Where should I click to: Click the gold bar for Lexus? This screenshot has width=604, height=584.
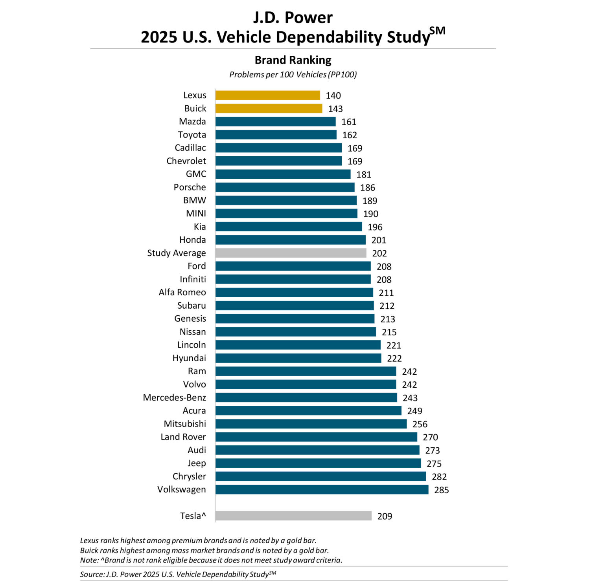pos(267,95)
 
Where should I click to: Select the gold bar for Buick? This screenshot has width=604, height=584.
pos(269,108)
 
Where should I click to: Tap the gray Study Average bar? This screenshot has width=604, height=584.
pos(291,253)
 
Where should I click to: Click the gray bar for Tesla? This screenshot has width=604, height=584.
pos(293,516)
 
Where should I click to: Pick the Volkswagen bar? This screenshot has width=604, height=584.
pos(322,489)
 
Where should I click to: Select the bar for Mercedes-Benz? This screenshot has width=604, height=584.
pos(306,397)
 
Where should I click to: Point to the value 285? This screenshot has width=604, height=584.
pos(441,490)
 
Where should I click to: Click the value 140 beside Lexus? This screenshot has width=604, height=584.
pos(333,95)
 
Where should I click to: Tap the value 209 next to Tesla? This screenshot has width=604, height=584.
pos(384,516)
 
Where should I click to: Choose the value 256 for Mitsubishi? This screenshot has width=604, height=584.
pos(420,424)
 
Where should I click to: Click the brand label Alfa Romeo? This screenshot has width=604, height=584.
pos(182,292)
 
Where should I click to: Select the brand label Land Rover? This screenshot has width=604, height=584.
pos(183,437)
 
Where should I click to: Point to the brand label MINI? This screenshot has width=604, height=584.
pos(196,213)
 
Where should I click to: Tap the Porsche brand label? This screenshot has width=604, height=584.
pos(190,187)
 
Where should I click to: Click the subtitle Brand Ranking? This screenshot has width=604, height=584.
pos(293,60)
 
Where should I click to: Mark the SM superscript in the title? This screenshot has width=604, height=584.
pos(437,31)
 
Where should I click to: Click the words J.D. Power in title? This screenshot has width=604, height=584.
pos(293,18)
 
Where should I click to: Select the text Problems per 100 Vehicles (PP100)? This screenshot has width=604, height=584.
pos(293,75)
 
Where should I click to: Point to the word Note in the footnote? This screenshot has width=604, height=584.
pos(88,560)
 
